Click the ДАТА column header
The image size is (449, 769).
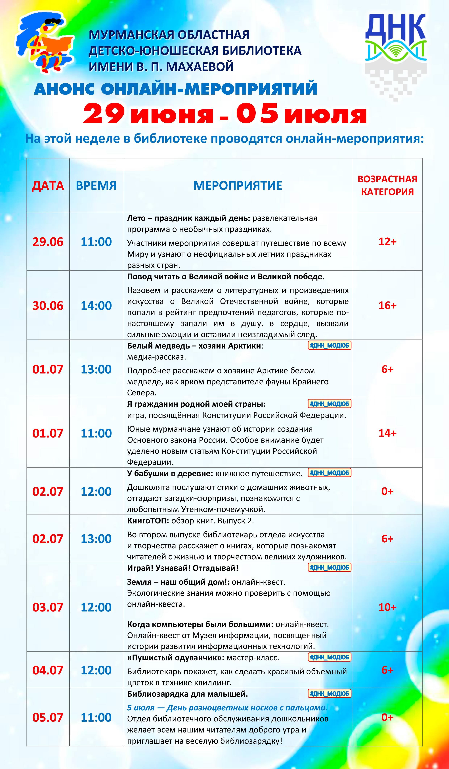point(48,186)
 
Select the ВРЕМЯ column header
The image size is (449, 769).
point(96,186)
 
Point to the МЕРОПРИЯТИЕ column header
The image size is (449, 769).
point(238,186)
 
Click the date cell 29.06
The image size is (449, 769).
point(48,242)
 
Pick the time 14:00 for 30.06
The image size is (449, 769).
point(96,305)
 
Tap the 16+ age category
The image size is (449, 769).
point(387,305)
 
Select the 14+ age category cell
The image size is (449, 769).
point(387,433)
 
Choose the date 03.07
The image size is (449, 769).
point(48,607)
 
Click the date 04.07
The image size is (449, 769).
point(48,670)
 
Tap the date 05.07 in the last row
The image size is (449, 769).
point(48,717)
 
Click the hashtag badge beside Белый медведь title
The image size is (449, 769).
point(329,345)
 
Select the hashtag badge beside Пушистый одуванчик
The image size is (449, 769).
point(329,657)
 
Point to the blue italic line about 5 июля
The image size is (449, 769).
point(227,708)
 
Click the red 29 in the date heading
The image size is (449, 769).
point(104,114)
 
